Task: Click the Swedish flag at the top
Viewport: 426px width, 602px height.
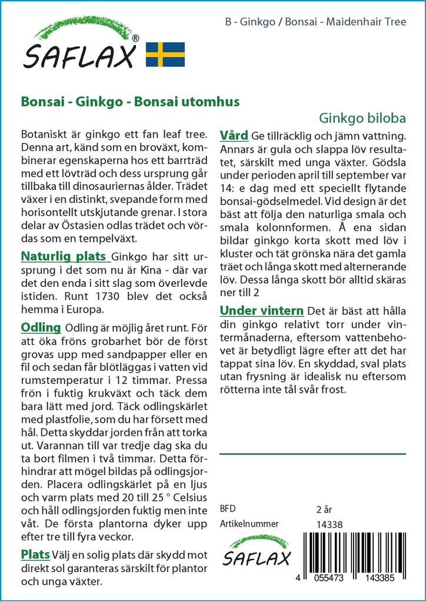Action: (x=165, y=54)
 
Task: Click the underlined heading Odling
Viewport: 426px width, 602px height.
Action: (x=41, y=327)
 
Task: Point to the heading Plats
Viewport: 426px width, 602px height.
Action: (x=35, y=554)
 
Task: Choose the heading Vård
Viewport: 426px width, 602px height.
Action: (x=234, y=134)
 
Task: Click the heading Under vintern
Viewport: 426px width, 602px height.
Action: (x=261, y=310)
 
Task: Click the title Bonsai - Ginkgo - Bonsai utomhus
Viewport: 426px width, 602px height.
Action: (x=130, y=101)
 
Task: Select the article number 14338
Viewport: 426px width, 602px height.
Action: (x=330, y=524)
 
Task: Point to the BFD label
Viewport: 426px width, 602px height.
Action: (x=227, y=509)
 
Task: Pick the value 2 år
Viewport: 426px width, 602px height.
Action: (x=325, y=509)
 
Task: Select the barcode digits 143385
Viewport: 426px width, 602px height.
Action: (x=382, y=579)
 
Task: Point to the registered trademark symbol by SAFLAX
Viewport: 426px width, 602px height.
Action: (x=136, y=38)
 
